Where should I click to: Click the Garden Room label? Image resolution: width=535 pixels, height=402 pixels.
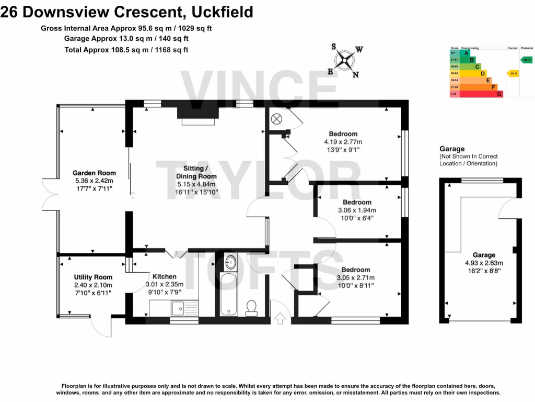[x=94, y=173]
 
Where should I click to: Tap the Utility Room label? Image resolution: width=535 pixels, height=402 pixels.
[x=93, y=277]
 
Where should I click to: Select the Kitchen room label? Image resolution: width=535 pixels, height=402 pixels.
[x=164, y=276]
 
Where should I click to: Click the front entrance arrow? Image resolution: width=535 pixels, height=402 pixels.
[x=281, y=317]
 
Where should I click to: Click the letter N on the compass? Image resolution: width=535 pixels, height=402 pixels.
[x=355, y=74]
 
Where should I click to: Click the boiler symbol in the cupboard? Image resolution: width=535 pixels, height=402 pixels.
[x=276, y=118]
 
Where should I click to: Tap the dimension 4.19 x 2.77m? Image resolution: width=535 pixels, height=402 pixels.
[x=343, y=142]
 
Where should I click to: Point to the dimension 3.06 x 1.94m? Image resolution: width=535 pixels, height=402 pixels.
[x=357, y=210]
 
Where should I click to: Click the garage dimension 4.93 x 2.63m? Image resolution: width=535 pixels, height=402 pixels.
[x=484, y=263]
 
